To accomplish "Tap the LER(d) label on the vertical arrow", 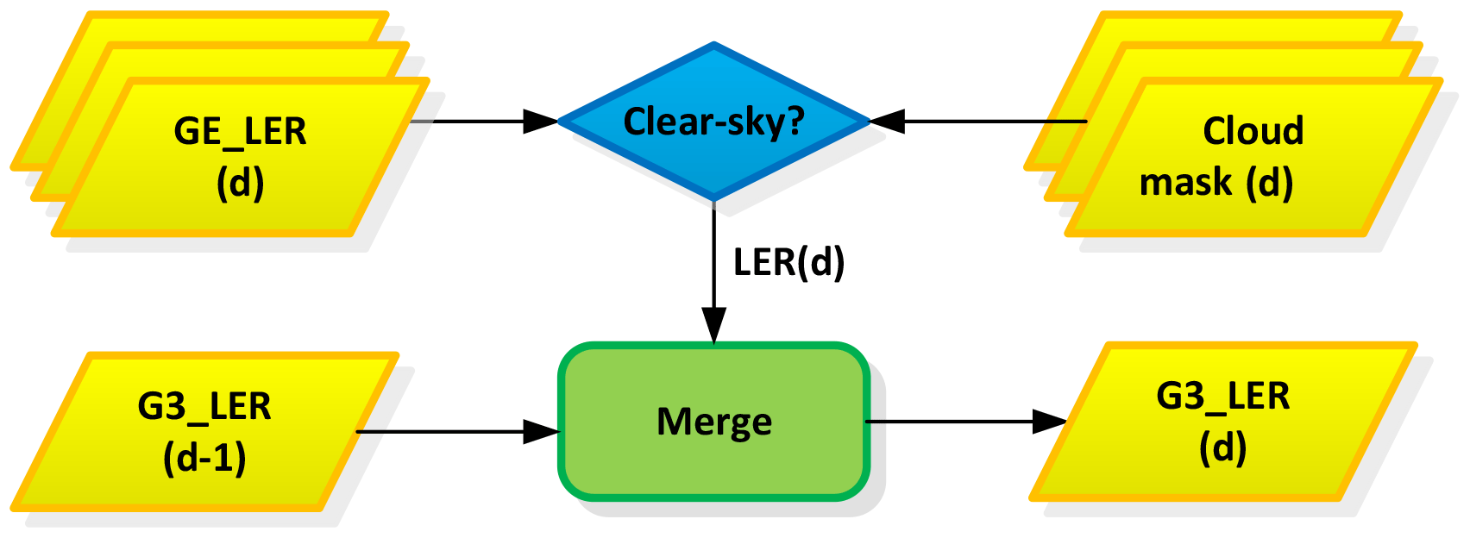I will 788,262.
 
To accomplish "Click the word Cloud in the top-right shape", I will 1253,131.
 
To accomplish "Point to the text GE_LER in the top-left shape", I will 240,131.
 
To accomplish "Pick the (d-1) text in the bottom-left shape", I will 204,457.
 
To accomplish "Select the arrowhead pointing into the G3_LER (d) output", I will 1050,422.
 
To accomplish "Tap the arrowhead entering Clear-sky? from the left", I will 542,122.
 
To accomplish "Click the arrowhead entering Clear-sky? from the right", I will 888,122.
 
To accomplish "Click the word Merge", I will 714,422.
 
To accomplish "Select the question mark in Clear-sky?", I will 795,121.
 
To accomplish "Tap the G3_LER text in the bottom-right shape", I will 1222,396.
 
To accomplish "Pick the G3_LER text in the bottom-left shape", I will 204,406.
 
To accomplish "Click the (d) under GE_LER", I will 240,182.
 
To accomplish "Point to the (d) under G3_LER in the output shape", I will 1222,447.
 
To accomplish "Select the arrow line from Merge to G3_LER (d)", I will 949,422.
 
